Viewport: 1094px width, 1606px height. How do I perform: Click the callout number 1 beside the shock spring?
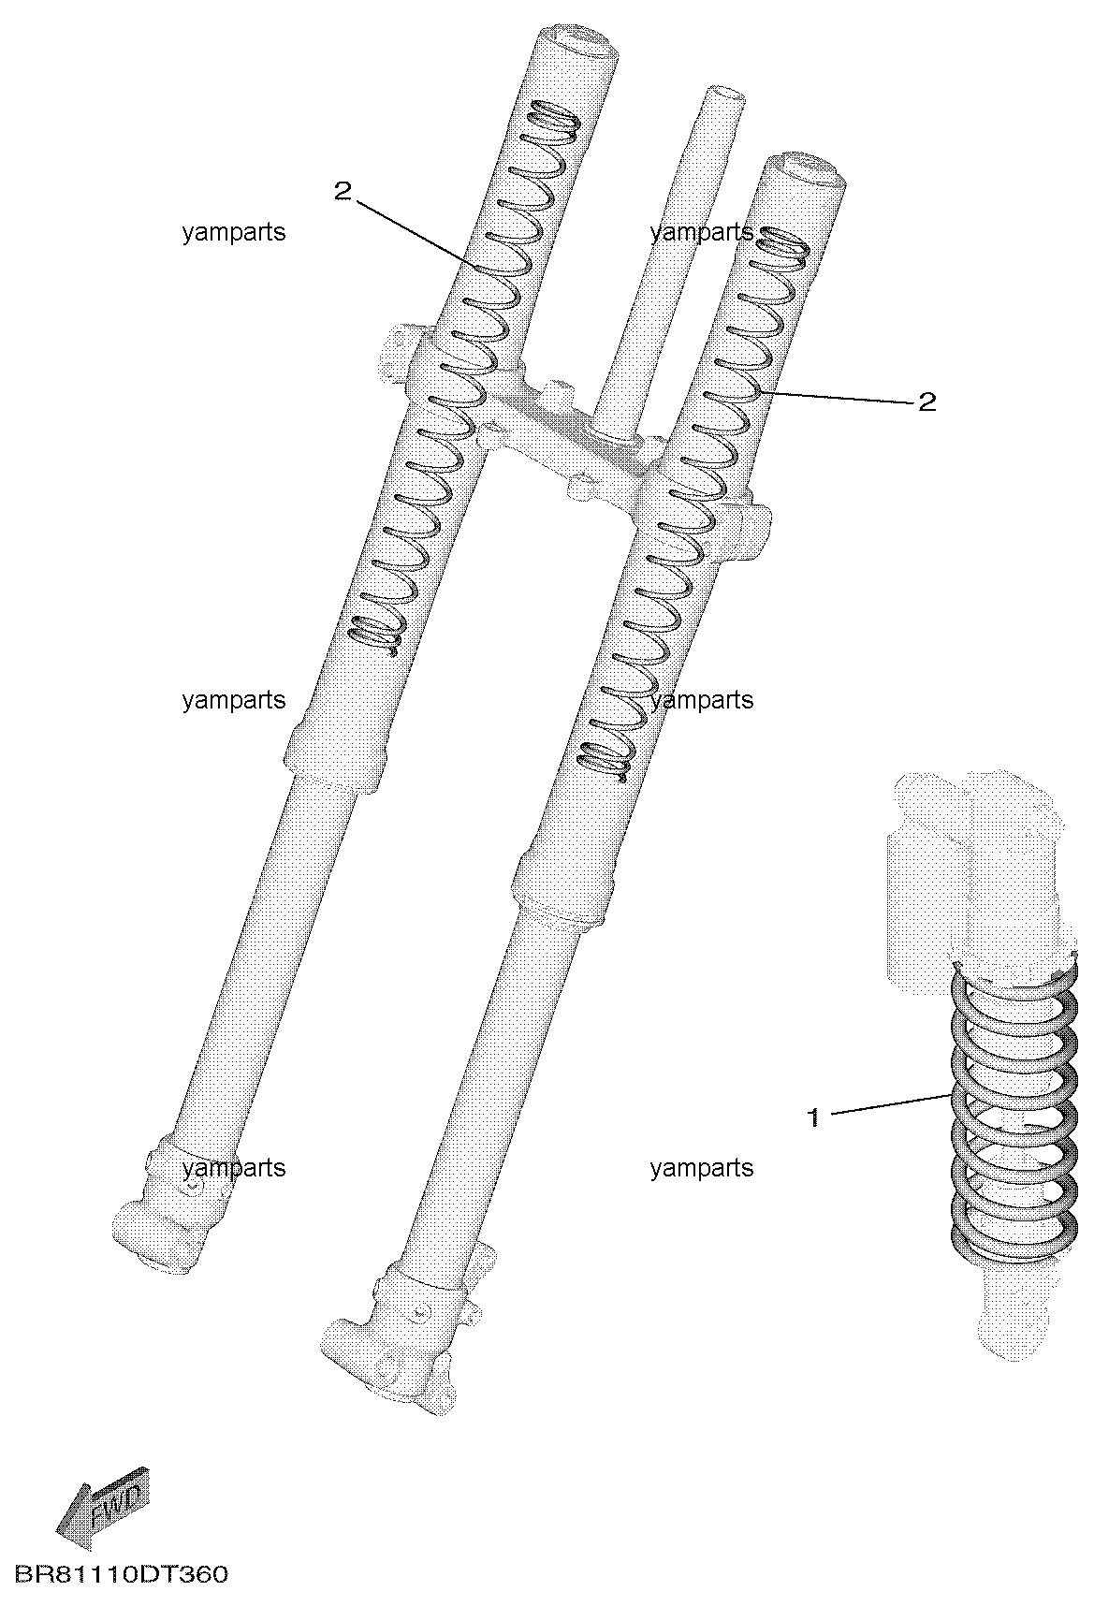point(813,1117)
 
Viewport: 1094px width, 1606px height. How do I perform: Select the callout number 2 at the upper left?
point(343,192)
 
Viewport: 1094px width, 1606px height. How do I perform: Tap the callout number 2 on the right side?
point(926,402)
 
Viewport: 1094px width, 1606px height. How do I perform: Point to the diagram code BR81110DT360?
point(121,1574)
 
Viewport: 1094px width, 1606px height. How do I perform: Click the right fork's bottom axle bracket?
point(398,1329)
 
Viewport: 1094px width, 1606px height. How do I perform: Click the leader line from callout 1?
point(892,1103)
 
